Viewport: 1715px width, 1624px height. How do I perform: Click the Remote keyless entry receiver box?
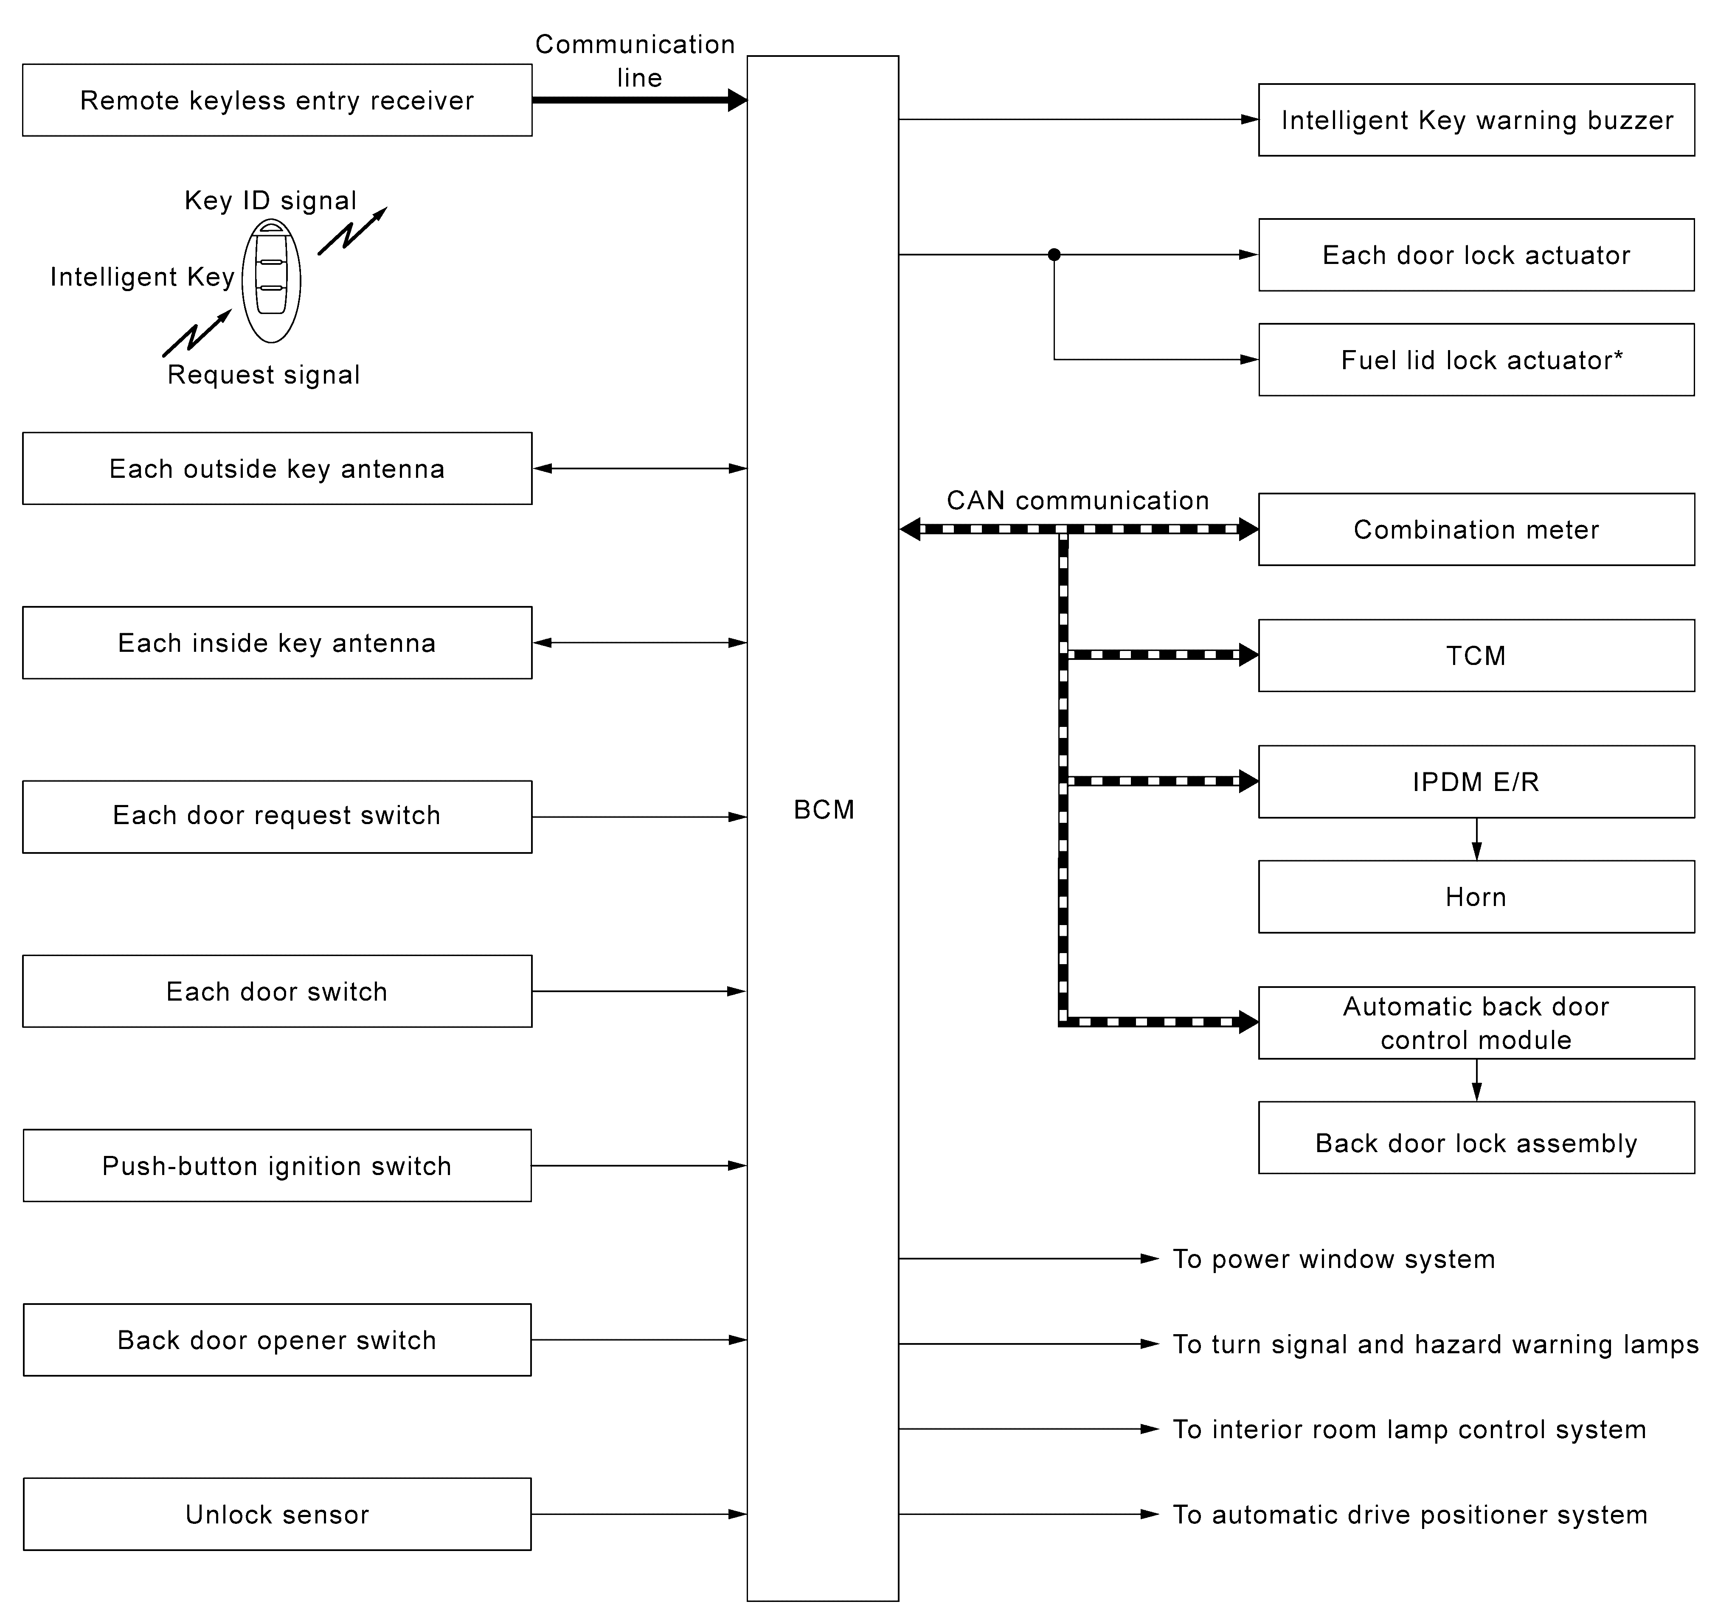(277, 100)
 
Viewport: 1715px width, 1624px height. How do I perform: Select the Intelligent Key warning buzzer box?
(1476, 120)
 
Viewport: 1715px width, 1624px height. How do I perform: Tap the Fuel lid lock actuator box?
(1476, 359)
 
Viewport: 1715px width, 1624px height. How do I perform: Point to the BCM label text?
(824, 809)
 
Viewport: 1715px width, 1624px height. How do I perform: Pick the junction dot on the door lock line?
(1054, 255)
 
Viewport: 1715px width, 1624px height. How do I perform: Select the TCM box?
(1476, 655)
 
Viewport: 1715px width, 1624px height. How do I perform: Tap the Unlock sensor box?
(277, 1514)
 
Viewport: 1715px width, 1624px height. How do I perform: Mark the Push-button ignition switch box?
(277, 1165)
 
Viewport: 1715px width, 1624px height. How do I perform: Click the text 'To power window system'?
(1334, 1259)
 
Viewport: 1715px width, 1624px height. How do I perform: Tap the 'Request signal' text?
(263, 375)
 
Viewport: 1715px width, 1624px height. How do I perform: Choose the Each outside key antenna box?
(277, 468)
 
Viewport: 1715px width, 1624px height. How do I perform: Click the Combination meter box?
(1476, 529)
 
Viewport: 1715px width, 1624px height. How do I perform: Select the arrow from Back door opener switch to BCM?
(639, 1340)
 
